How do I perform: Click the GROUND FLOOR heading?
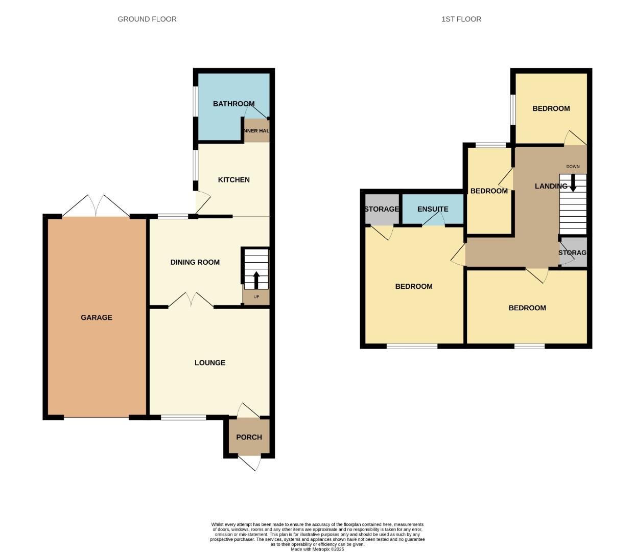tap(147, 19)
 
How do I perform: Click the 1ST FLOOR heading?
tap(461, 19)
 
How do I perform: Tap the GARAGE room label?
tap(97, 317)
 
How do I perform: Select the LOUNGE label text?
tap(210, 363)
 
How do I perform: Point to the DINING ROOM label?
tap(195, 262)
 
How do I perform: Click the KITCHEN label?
tap(234, 180)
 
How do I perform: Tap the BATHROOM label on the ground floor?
tap(233, 104)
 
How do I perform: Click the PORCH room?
tap(249, 437)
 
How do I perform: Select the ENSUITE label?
tap(433, 209)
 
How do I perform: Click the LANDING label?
tap(551, 186)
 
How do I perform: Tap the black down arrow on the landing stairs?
tap(573, 183)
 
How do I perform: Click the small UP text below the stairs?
tap(256, 297)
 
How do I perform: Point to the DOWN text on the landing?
tap(573, 167)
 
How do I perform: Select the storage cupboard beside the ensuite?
tap(382, 209)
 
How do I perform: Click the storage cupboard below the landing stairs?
tap(573, 252)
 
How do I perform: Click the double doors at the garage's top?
tap(96, 206)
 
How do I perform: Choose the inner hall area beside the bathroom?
tap(257, 131)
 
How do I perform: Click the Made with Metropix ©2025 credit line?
tap(317, 549)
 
